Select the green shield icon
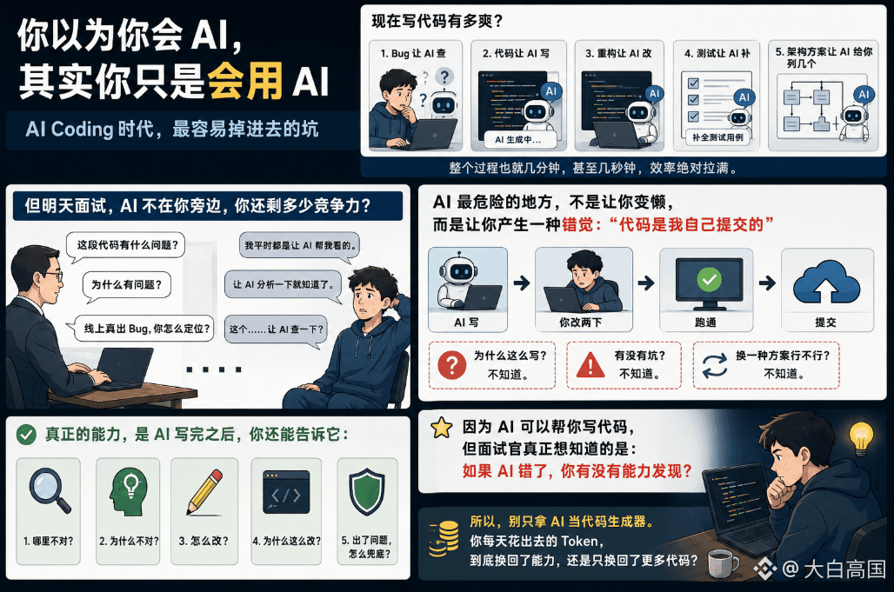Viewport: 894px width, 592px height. (x=367, y=492)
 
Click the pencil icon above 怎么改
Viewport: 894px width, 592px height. (x=204, y=492)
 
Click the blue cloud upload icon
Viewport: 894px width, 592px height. (x=826, y=282)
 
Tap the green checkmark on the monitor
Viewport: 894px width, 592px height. (x=710, y=279)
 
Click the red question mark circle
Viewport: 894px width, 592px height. (x=452, y=364)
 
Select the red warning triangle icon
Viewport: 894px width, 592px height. (x=590, y=365)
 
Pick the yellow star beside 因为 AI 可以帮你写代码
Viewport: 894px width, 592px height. (x=441, y=428)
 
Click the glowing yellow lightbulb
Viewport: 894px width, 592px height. (x=861, y=438)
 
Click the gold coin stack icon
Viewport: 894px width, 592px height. (x=444, y=538)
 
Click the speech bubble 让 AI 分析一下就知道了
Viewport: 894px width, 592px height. (x=284, y=284)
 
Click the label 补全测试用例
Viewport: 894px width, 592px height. (x=717, y=136)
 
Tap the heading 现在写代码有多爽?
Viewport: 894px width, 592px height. (x=437, y=21)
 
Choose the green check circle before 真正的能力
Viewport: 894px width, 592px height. (x=26, y=435)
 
